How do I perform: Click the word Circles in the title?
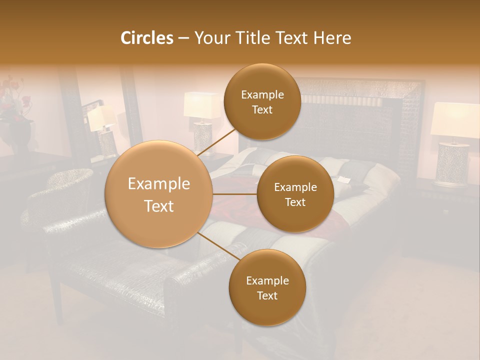pos(146,38)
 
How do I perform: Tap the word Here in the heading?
pos(332,38)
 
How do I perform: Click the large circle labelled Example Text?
pos(159,194)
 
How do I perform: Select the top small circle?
pos(262,102)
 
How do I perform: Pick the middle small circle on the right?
pos(295,194)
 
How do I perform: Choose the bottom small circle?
pos(267,287)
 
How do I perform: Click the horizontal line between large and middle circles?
pos(235,194)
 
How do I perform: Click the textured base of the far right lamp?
pos(452,164)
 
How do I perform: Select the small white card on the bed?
pos(344,179)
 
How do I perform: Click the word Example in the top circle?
pos(262,95)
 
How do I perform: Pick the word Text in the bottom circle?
pos(267,295)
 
